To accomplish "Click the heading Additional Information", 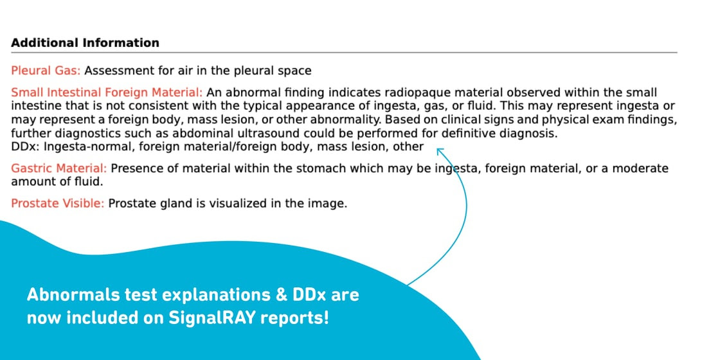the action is coord(85,42).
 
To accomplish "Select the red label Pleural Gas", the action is coord(46,71).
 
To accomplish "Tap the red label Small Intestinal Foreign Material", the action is coord(107,93).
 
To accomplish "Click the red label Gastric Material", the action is coord(59,168).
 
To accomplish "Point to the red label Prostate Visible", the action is coord(58,203).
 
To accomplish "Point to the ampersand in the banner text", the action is coord(280,295).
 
